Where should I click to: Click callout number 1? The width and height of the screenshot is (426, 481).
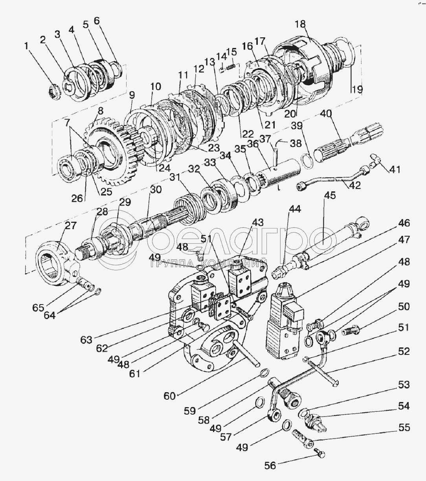click(27, 46)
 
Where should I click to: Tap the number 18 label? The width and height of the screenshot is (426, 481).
click(300, 24)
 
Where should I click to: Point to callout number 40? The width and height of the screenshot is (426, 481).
click(326, 114)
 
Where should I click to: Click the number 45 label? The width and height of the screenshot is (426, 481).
click(330, 195)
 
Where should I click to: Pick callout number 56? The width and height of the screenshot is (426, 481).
click(271, 466)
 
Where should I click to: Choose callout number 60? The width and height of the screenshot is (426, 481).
click(169, 396)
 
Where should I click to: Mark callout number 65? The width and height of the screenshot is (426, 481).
click(39, 308)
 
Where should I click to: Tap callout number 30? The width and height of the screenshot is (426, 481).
click(156, 189)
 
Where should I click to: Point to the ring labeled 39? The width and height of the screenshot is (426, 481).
click(308, 161)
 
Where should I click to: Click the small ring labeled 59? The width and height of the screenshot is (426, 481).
click(265, 373)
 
